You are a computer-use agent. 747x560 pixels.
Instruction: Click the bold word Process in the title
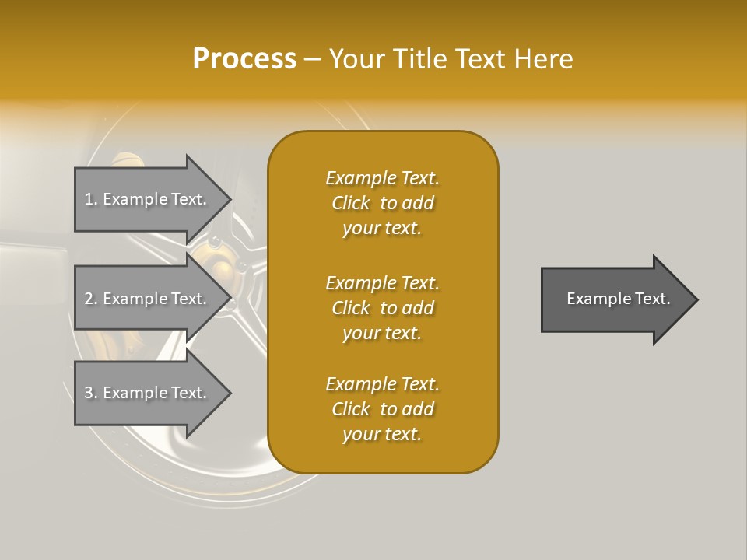(244, 59)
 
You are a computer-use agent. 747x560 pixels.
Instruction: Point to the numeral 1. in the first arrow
(91, 199)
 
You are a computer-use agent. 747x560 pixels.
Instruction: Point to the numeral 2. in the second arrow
(91, 299)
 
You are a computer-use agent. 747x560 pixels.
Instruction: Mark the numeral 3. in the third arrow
(91, 393)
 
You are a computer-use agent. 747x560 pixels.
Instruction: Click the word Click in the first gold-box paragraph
(351, 203)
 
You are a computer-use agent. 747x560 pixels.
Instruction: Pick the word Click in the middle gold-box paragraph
(351, 308)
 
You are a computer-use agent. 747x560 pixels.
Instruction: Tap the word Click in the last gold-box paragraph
(351, 409)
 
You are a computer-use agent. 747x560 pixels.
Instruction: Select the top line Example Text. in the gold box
(382, 178)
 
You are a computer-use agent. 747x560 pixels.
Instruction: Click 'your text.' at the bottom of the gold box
(382, 434)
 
